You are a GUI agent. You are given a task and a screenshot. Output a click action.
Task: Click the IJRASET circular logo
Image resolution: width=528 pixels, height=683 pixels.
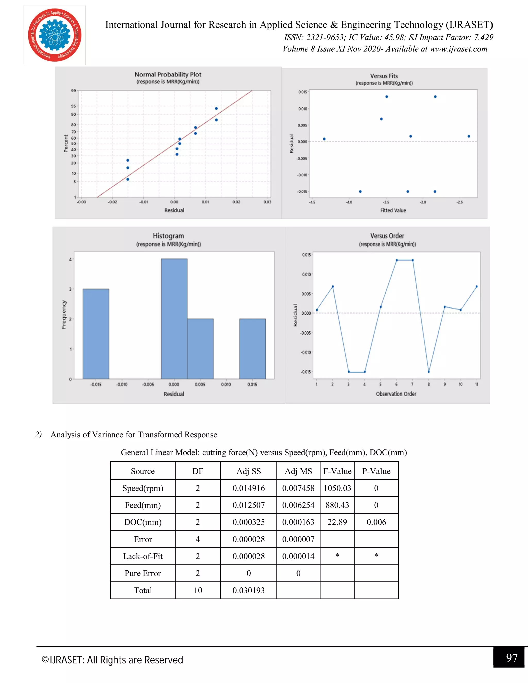(55, 35)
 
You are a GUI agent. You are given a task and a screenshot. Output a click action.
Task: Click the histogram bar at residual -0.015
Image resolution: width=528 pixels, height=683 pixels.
(96, 334)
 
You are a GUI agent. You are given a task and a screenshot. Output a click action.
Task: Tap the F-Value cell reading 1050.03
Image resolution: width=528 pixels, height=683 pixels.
(337, 488)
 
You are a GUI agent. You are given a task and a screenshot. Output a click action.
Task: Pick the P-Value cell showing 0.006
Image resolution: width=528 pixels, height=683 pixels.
(376, 522)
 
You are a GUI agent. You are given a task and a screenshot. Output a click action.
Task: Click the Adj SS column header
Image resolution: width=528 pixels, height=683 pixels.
(249, 471)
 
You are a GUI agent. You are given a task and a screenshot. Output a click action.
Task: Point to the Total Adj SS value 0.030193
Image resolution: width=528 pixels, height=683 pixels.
(249, 590)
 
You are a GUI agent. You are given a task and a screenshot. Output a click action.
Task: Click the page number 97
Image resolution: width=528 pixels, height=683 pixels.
(512, 658)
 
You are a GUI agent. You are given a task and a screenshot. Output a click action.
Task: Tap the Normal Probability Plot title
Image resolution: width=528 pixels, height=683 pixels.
(168, 74)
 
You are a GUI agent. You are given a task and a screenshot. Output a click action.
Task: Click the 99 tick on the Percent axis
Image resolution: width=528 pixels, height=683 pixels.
(73, 91)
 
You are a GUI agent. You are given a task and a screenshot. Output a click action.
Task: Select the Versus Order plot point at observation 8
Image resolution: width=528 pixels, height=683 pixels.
(428, 372)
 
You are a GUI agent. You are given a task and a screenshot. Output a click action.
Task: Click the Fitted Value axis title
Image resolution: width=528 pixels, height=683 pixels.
(393, 211)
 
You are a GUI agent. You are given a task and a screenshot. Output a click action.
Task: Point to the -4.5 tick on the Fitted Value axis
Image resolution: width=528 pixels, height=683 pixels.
(312, 202)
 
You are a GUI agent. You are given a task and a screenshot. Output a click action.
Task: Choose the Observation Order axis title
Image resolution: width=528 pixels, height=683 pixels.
(396, 394)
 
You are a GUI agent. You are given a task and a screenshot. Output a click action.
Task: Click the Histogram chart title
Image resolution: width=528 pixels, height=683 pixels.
(168, 236)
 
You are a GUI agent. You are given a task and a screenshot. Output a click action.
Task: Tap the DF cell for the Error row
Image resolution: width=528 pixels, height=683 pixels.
(198, 539)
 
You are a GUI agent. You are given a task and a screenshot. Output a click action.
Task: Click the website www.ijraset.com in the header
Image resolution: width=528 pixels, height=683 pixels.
(459, 49)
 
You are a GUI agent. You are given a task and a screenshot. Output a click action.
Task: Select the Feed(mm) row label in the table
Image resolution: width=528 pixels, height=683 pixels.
(143, 505)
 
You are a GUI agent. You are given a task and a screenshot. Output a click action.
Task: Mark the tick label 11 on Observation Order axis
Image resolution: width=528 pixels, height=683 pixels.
(477, 384)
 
